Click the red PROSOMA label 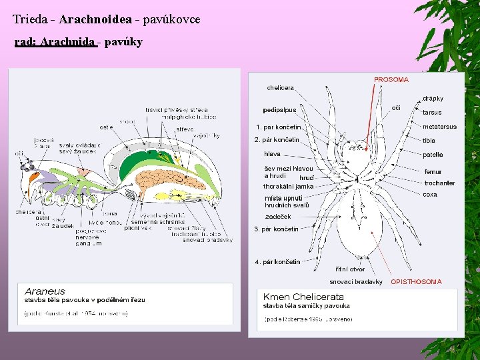[391, 79]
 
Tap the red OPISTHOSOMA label [416, 281]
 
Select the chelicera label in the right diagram [280, 87]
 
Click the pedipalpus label [279, 110]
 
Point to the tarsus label [432, 113]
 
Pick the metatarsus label [439, 127]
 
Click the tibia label [429, 141]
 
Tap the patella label [433, 155]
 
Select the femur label [433, 171]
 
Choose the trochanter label [439, 183]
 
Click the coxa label [430, 195]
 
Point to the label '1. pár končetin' [278, 127]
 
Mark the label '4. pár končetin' [277, 262]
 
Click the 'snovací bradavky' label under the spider [356, 281]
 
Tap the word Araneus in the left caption [45, 291]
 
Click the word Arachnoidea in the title [98, 19]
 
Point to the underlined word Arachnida [67, 42]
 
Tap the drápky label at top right [433, 99]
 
